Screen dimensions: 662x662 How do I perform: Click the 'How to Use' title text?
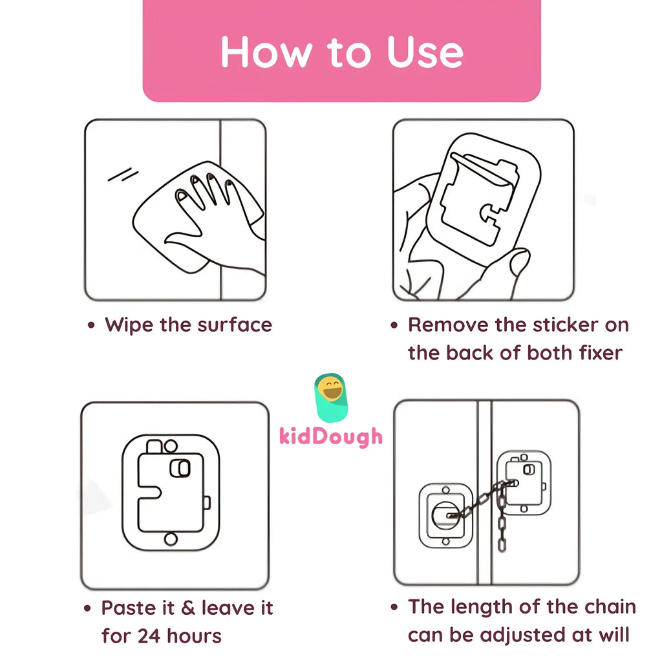[x=342, y=52]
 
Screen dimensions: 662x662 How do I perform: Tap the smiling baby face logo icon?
[x=331, y=398]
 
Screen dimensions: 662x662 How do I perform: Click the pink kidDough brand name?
[x=331, y=436]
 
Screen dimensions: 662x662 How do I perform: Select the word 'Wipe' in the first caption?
[x=129, y=325]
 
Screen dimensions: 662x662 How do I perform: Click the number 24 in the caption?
[x=149, y=636]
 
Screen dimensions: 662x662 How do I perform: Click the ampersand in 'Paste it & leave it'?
[x=188, y=608]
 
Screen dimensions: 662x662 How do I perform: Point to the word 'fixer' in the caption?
[x=601, y=353]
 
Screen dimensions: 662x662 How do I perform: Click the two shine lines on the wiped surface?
[x=123, y=175]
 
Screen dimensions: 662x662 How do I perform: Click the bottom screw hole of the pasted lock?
[x=171, y=539]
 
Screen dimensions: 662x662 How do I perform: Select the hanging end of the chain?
[x=502, y=544]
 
